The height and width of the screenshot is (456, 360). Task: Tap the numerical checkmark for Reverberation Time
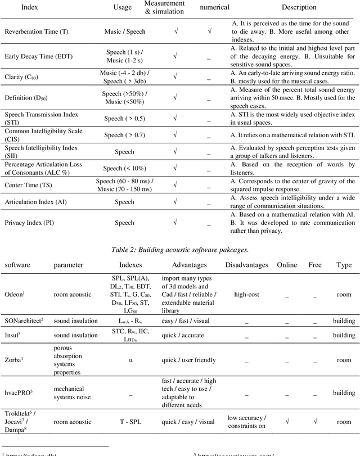coord(209,32)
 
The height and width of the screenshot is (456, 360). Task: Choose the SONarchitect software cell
coord(24,320)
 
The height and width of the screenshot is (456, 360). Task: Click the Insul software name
coord(13,334)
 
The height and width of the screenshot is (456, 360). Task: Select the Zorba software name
coord(15,360)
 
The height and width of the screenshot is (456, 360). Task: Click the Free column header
coord(315,264)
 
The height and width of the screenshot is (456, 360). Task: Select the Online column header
coord(285,264)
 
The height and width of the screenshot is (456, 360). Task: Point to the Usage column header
coord(122,8)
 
